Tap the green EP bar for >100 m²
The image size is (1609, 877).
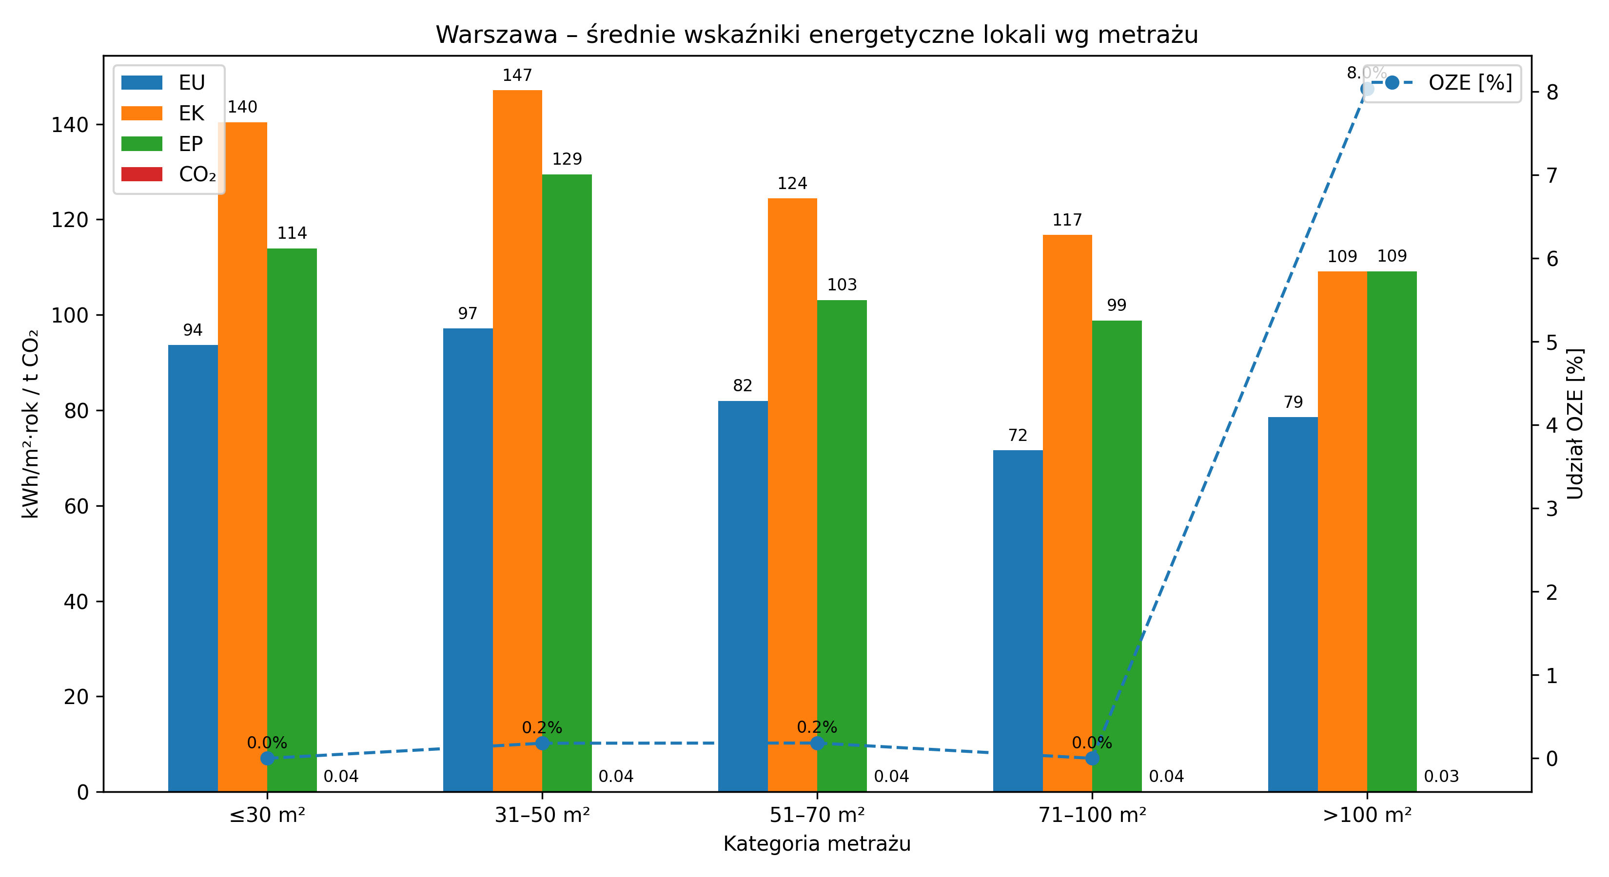point(1392,531)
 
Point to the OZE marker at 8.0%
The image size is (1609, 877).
point(1367,89)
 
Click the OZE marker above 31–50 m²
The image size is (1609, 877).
point(542,743)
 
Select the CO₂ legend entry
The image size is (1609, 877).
point(169,174)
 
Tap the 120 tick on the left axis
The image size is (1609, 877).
point(69,220)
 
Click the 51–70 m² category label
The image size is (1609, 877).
point(817,815)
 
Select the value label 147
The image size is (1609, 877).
point(517,76)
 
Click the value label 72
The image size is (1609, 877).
point(1018,435)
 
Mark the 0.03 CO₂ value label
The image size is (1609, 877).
point(1441,777)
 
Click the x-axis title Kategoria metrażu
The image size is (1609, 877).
point(817,844)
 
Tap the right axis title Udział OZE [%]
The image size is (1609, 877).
point(1575,424)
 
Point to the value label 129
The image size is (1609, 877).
point(567,159)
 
